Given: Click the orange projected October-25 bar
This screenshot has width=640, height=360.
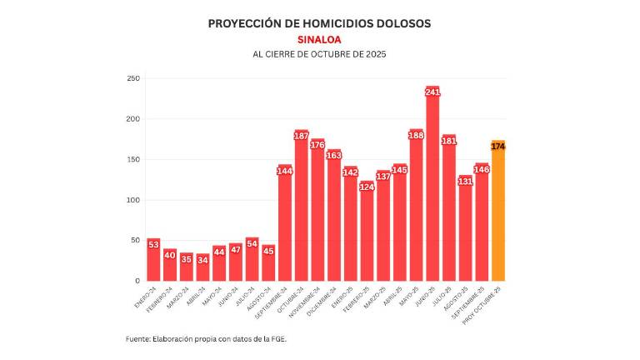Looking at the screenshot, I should coord(497,212).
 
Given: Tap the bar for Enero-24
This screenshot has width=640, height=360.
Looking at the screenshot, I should coord(153,260).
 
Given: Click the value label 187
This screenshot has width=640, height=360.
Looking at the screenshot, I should coord(302,136).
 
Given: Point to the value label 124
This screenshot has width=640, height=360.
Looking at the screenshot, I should coord(367,187).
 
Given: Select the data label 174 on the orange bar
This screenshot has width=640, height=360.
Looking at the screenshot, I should coord(498,147).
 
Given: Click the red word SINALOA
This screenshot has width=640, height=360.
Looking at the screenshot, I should coord(319,39).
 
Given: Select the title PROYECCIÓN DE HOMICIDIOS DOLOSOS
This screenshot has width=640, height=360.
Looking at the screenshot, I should coord(319,23).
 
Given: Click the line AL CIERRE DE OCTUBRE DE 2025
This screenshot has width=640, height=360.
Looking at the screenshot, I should coord(319,54).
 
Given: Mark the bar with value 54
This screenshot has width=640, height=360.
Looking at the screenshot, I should coord(252,262).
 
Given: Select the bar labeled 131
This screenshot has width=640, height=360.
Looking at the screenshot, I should coord(465,233).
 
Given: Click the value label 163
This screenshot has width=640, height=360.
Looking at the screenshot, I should coord(334,155).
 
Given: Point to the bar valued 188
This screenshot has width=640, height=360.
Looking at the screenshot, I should coord(416,208).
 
